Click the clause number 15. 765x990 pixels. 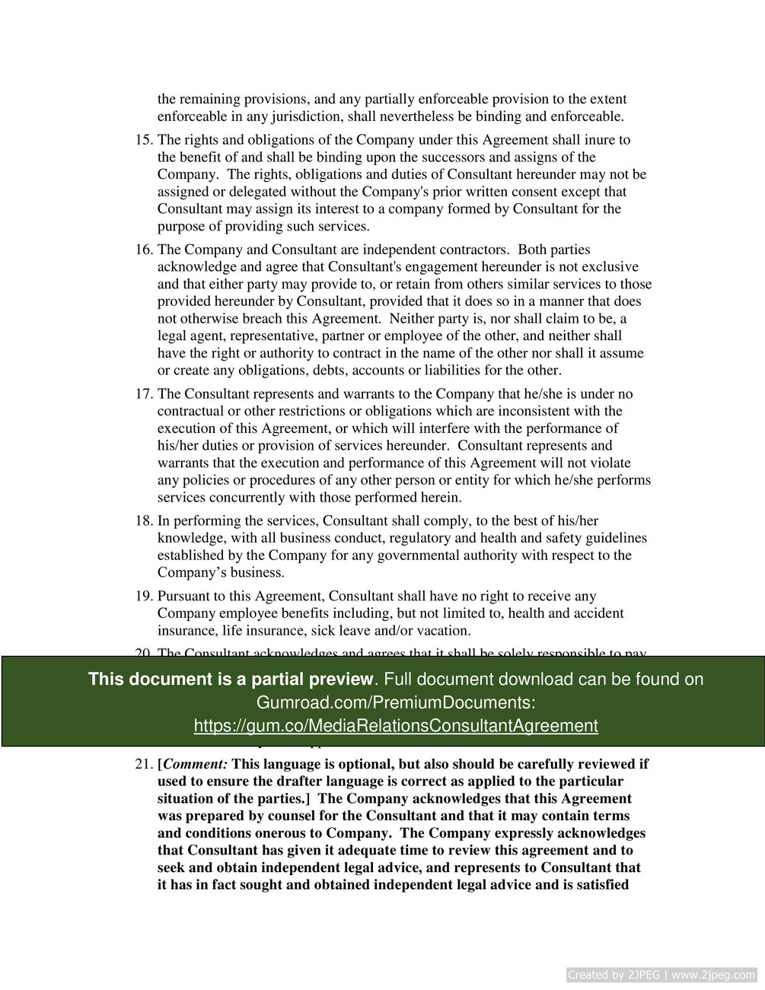tap(143, 140)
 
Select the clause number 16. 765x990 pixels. tap(143, 250)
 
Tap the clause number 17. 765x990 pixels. tap(143, 394)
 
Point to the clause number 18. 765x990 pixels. tap(143, 521)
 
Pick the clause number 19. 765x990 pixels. tap(143, 597)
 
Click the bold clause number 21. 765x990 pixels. tap(143, 764)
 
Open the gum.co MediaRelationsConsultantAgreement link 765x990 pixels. tap(395, 726)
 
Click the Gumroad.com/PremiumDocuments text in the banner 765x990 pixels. tap(395, 702)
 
